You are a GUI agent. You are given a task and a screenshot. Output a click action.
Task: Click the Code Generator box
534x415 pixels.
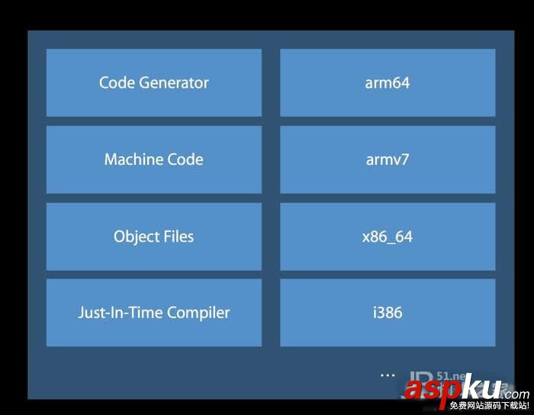153,82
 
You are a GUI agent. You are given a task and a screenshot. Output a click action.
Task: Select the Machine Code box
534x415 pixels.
153,159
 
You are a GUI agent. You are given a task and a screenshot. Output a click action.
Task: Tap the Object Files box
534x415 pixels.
153,236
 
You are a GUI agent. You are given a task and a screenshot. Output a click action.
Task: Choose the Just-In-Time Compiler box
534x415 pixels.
153,313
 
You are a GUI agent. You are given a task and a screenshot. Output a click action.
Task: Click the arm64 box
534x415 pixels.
388,82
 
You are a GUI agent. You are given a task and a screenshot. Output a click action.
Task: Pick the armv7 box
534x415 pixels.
388,159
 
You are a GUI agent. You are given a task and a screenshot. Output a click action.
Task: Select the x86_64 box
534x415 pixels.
388,236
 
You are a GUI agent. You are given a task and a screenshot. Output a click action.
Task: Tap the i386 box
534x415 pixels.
388,313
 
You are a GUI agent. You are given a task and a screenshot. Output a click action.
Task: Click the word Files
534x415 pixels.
176,236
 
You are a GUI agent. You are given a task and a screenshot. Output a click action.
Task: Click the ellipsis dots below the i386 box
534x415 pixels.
388,375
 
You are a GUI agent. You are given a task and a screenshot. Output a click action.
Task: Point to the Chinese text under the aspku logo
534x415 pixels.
489,405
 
